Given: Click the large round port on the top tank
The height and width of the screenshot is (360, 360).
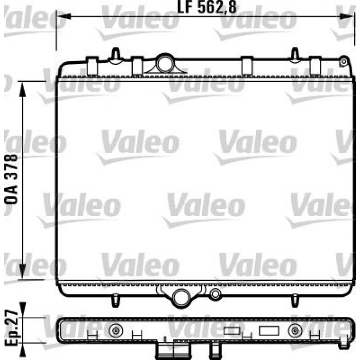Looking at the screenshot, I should point(165,63).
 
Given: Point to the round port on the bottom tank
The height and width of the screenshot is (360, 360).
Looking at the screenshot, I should point(181,297).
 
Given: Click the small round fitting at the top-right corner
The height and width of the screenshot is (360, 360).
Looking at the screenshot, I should point(343,62).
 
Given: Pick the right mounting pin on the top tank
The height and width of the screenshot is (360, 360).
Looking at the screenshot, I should point(295,53).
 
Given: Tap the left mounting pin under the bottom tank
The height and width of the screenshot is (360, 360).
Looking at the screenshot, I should point(115,299).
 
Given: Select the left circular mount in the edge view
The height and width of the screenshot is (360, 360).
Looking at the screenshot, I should point(117,330).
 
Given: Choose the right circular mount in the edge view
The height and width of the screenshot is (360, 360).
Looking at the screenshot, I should point(295,330).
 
